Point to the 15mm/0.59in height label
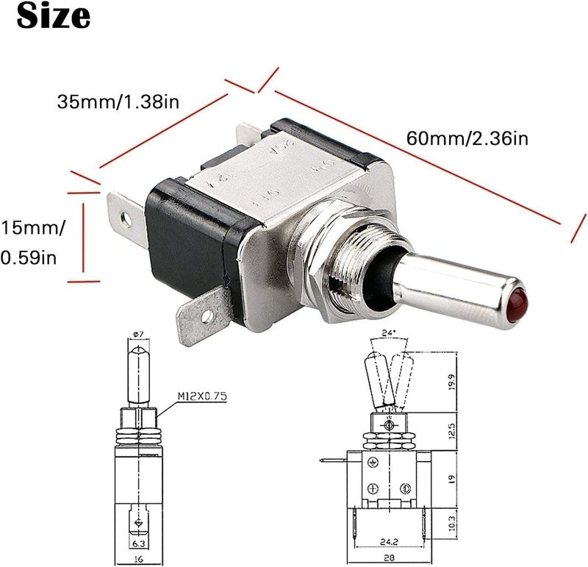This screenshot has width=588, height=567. click(32, 242)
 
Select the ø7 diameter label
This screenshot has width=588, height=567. click(138, 335)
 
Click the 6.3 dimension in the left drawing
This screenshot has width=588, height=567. click(138, 544)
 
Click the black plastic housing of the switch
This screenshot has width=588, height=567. click(187, 243)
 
